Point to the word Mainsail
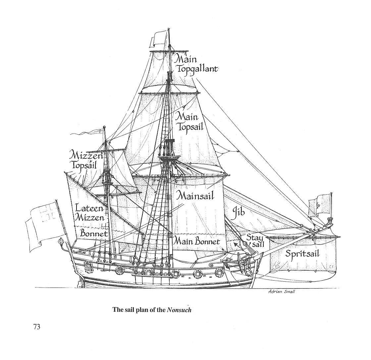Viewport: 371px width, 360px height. [195, 195]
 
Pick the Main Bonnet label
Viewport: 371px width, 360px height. [197, 241]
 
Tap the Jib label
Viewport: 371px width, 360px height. [238, 211]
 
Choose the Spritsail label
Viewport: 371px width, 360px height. [302, 254]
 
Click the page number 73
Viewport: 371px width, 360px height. [36, 327]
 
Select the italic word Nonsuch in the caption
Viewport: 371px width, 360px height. [179, 310]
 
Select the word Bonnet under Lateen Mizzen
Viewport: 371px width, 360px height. [94, 234]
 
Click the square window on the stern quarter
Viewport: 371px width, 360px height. [88, 266]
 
